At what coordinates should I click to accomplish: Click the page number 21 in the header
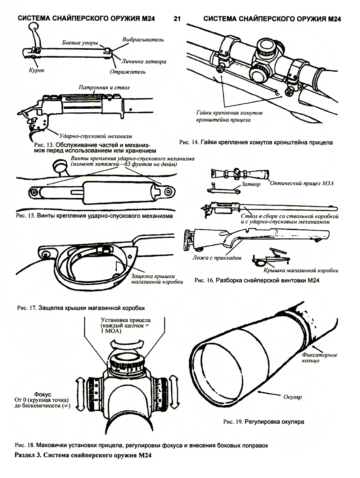click(x=177, y=19)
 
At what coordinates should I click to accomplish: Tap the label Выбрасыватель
click(x=143, y=40)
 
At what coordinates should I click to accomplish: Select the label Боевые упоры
click(x=80, y=43)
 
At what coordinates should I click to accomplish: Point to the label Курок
click(x=37, y=70)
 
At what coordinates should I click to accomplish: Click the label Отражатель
click(x=127, y=72)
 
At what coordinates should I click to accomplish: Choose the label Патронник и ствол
click(x=104, y=87)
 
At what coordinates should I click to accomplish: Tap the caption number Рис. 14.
click(x=188, y=143)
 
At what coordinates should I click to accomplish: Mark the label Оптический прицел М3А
click(x=301, y=183)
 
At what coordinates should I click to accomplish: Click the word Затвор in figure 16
click(x=251, y=184)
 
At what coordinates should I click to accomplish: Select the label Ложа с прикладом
click(x=217, y=258)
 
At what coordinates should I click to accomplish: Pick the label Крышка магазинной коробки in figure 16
click(x=301, y=270)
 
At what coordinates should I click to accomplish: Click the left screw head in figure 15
click(x=34, y=192)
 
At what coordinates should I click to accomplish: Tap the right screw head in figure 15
click(x=168, y=191)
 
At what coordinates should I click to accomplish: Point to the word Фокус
click(x=43, y=394)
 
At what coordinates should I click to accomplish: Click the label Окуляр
click(x=292, y=397)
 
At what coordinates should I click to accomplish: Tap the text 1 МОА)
click(x=111, y=331)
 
